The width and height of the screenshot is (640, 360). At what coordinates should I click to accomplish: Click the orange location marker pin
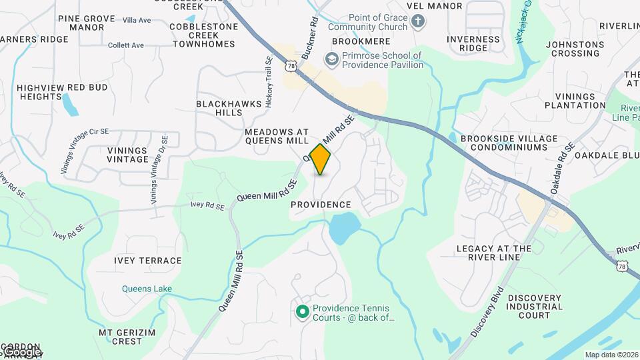pos(321,159)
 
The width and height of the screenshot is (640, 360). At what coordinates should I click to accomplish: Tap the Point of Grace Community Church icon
pos(418,22)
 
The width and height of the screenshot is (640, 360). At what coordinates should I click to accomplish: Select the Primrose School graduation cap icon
pos(331,60)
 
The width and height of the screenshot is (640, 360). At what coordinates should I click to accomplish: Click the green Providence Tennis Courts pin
pos(302,311)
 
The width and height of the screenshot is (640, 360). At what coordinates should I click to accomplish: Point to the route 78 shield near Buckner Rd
pos(290,65)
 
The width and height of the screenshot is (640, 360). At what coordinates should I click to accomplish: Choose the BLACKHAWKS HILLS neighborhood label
pos(219,108)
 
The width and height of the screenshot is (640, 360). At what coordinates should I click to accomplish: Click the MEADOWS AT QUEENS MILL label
pos(277,136)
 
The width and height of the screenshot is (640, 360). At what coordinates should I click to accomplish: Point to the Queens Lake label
pos(147,289)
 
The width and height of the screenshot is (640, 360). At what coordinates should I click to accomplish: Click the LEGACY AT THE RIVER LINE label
pos(494,253)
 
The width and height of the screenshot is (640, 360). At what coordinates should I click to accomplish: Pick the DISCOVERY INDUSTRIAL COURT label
pos(535,306)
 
